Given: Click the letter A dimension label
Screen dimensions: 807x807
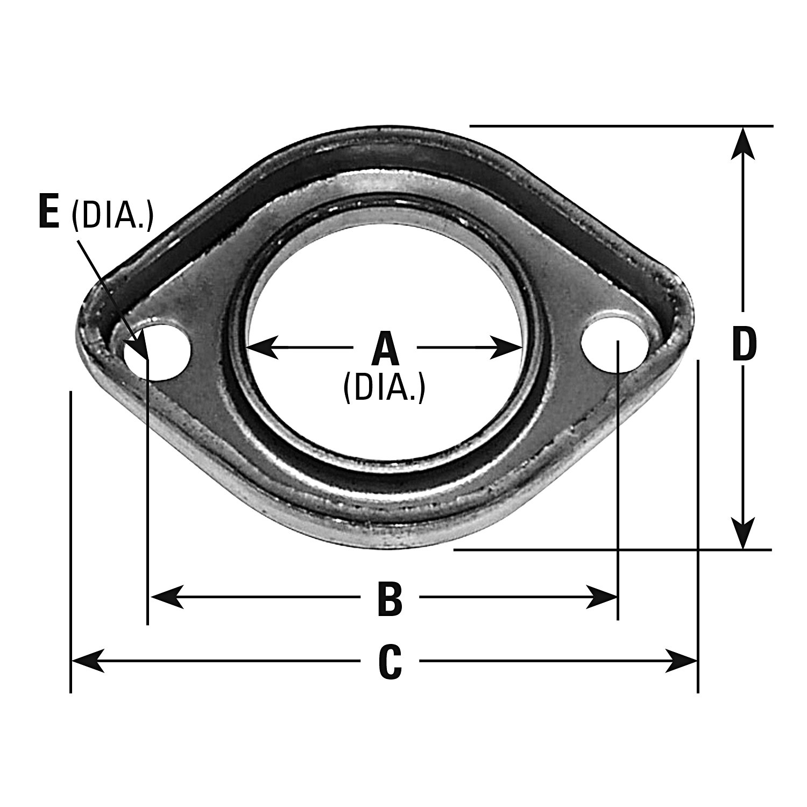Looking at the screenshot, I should click(x=385, y=349).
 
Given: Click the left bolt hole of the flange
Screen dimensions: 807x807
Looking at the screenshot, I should click(x=158, y=352).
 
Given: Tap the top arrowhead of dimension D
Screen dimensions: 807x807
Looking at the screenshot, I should click(x=743, y=143).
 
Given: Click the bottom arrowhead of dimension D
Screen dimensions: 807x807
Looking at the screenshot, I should click(x=743, y=533).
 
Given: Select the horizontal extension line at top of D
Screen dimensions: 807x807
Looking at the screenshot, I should click(x=619, y=126).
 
